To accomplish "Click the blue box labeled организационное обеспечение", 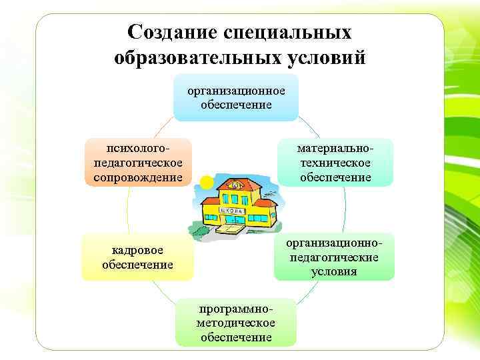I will pyautogui.click(x=236, y=97).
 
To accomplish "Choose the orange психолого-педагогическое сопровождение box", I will pyautogui.click(x=138, y=162).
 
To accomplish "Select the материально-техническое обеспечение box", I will pyautogui.click(x=335, y=162).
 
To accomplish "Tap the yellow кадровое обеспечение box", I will pyautogui.click(x=137, y=257).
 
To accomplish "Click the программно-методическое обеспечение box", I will pyautogui.click(x=236, y=322).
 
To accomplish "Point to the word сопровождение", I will pyautogui.click(x=138, y=177).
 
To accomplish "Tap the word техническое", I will pyautogui.click(x=335, y=163).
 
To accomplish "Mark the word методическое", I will pyautogui.click(x=236, y=323).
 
